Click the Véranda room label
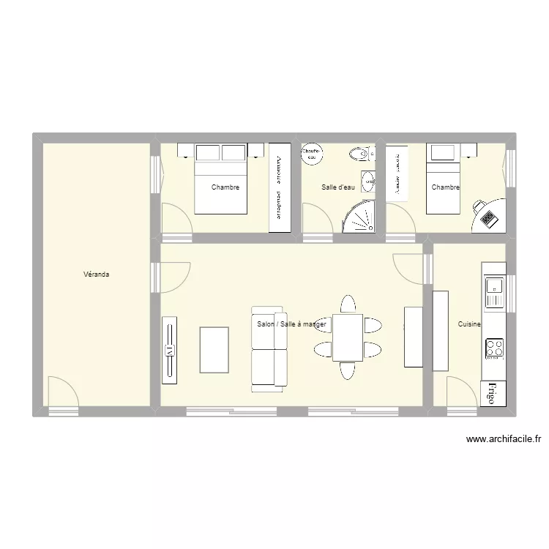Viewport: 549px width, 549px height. [x=97, y=274]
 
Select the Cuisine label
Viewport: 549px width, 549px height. [x=469, y=324]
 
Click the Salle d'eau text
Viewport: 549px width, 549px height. [x=338, y=187]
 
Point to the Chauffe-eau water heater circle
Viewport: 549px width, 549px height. [x=312, y=153]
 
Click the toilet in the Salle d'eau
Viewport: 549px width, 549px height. [x=359, y=154]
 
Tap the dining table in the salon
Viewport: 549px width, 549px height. [x=348, y=337]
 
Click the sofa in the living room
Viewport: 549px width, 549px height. [x=269, y=346]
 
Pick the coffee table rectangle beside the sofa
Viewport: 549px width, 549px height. [x=214, y=350]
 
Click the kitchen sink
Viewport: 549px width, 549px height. [x=494, y=292]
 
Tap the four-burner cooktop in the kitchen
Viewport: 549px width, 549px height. [x=494, y=347]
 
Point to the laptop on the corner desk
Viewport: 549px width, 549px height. [x=488, y=217]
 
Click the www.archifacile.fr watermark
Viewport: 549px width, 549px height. [x=503, y=440]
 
